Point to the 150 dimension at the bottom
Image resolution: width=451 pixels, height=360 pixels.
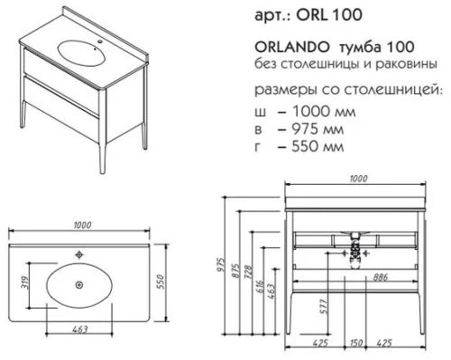(x=357, y=344)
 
